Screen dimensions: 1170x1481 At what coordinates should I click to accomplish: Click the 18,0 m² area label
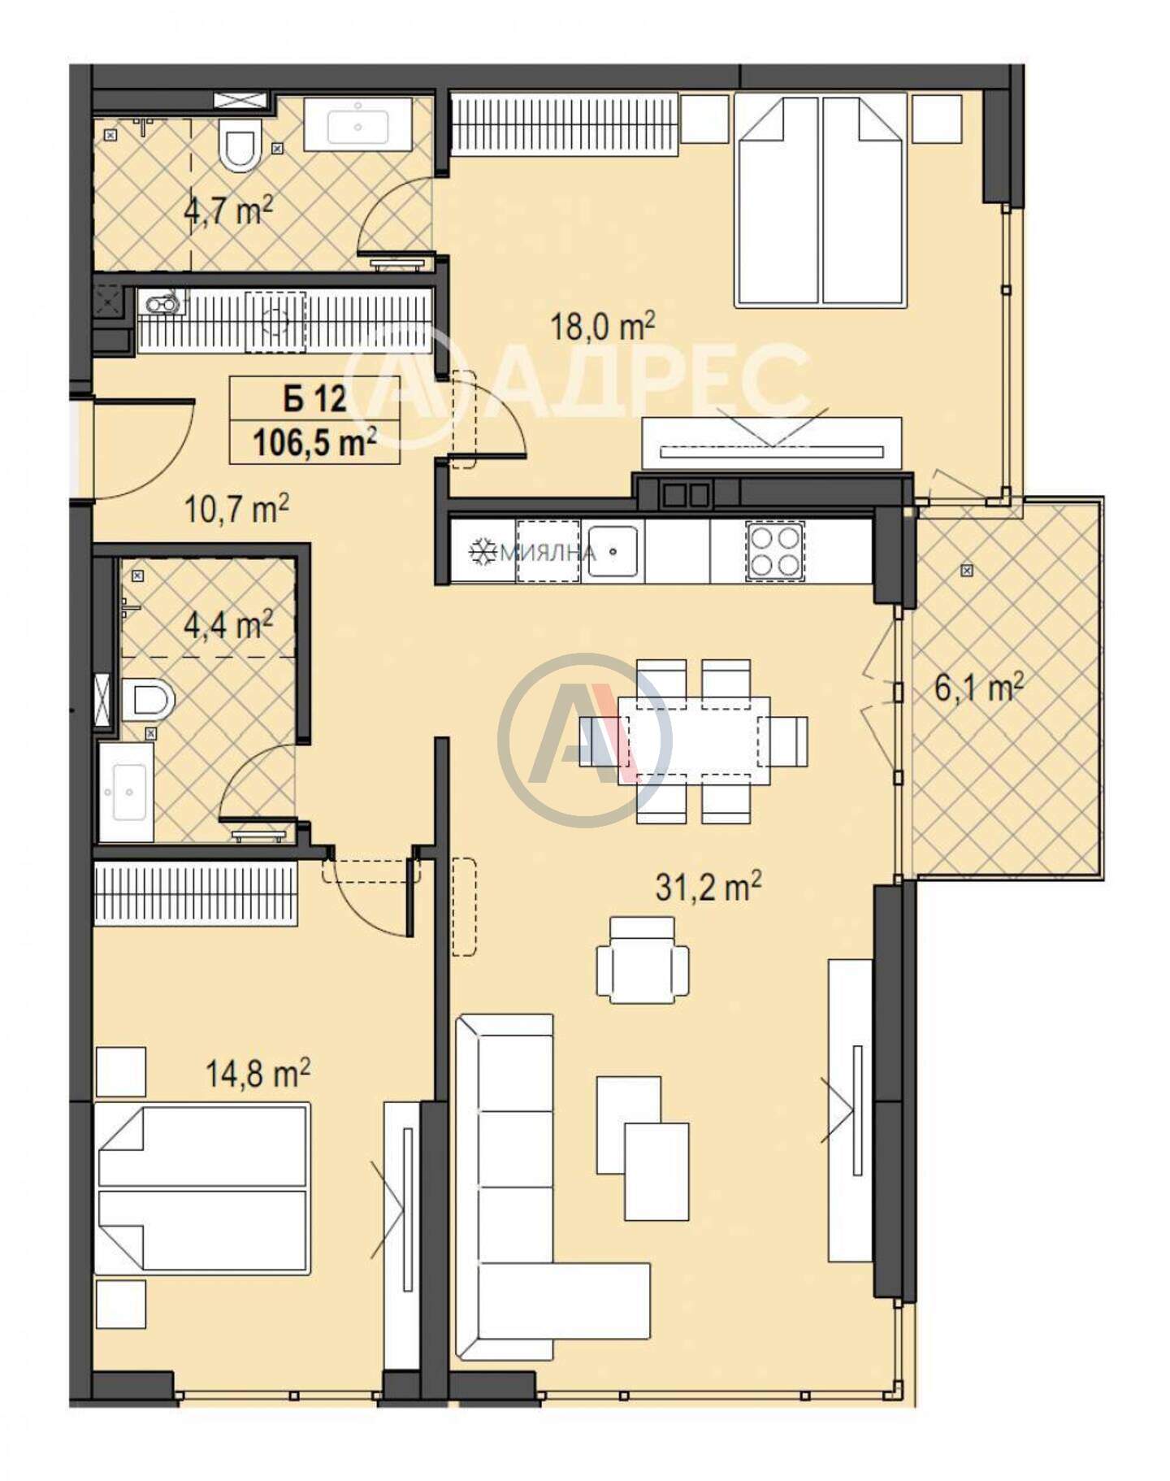(x=603, y=327)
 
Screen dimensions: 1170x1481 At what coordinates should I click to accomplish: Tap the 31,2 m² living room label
(x=708, y=887)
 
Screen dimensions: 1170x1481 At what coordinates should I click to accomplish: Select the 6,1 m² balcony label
(x=978, y=688)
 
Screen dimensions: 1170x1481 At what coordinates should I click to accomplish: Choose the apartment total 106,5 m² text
(x=314, y=443)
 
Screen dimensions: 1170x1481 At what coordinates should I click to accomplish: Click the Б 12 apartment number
(x=314, y=399)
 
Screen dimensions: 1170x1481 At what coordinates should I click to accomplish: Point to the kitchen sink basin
(x=613, y=551)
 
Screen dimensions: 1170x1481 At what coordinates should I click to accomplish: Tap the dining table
(x=694, y=740)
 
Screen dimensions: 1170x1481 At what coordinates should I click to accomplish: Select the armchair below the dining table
(x=642, y=958)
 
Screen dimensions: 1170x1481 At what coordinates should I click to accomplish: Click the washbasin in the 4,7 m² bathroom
(x=357, y=124)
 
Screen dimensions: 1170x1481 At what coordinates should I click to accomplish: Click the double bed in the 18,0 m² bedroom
(x=820, y=201)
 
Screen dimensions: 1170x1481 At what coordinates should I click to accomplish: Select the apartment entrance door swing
(x=142, y=447)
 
